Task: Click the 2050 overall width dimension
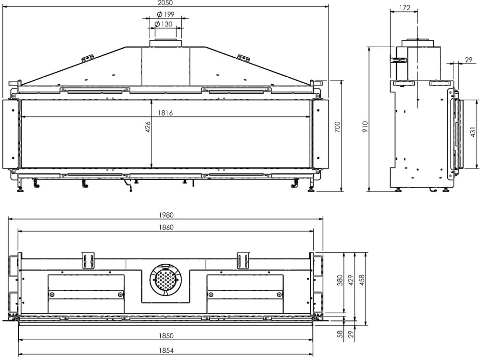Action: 165,3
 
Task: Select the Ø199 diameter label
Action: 165,14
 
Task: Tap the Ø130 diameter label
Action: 164,24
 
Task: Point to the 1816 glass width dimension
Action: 165,113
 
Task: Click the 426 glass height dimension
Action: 148,127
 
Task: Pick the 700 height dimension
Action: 337,127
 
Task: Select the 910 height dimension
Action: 365,127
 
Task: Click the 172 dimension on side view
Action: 405,8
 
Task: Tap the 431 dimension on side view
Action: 473,132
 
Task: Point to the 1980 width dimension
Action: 166,215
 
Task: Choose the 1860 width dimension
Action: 166,227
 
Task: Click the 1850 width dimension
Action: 166,336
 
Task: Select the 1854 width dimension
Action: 166,350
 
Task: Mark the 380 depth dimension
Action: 340,280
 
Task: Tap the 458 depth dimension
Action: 362,280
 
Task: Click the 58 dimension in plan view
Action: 340,334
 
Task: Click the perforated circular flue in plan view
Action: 165,280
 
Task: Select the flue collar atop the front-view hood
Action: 165,43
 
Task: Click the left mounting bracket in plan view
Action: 89,260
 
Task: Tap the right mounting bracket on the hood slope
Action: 244,58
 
